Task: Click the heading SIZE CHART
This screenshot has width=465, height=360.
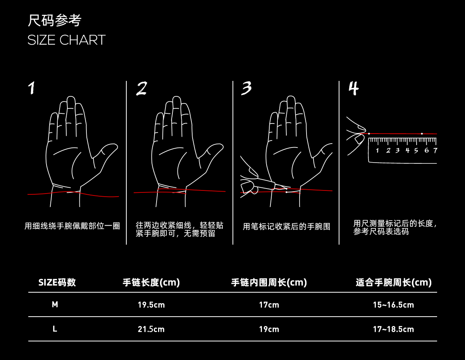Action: [x=66, y=40]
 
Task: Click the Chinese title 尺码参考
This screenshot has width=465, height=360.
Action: [x=54, y=21]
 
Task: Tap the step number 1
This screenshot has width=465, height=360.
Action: [x=31, y=88]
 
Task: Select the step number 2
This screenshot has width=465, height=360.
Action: [x=141, y=89]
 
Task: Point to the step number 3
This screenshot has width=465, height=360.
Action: [x=246, y=88]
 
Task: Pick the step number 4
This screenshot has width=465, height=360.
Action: [x=353, y=88]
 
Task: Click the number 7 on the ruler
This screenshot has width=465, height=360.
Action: [x=435, y=151]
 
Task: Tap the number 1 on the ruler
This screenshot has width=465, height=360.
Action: [x=377, y=151]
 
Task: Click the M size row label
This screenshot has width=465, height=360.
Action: [x=55, y=305]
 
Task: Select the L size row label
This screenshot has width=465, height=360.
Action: [x=55, y=329]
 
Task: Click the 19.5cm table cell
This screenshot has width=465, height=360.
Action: [x=151, y=305]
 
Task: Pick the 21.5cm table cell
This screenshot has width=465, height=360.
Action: [x=151, y=329]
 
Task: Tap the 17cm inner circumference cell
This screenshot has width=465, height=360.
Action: [x=269, y=305]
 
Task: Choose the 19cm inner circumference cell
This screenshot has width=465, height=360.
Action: [x=269, y=329]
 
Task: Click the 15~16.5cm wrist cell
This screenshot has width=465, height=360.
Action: [x=393, y=305]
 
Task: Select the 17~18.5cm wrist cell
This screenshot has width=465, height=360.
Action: [x=393, y=329]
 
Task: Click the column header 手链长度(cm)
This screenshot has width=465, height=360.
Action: [x=151, y=283]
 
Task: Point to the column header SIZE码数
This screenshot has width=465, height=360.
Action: [x=57, y=283]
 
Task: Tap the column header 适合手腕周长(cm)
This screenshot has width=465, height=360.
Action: [x=393, y=283]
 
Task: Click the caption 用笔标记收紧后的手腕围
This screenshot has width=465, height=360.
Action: [x=286, y=227]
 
